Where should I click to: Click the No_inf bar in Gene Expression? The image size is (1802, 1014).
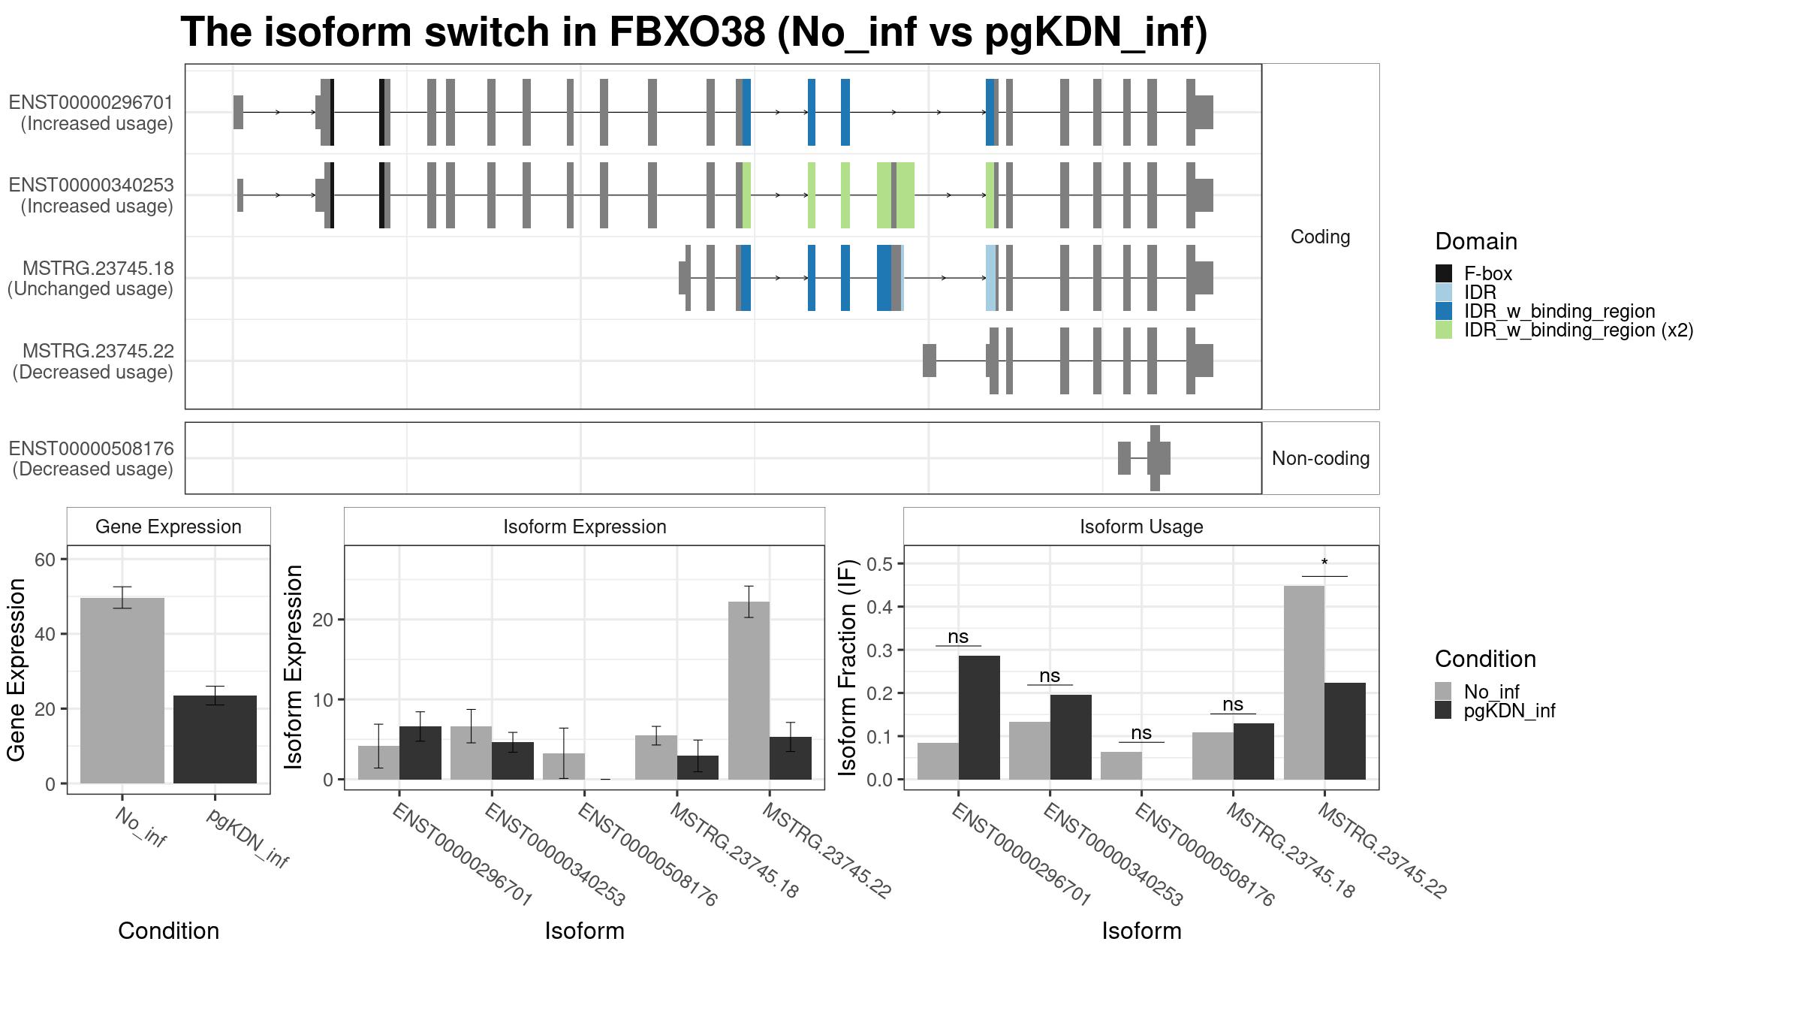122,690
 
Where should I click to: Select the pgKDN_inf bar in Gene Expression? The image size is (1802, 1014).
215,739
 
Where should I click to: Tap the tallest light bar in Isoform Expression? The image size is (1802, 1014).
749,690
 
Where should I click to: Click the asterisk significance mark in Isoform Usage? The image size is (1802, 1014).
1324,563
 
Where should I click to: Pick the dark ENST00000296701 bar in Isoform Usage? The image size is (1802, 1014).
979,717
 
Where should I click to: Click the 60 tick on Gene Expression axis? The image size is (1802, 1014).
45,560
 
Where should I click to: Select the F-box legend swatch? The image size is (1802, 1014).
1444,273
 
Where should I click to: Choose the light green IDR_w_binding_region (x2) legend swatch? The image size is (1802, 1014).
1444,330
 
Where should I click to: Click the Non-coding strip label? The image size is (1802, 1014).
1321,458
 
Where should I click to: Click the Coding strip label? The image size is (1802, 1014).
1321,237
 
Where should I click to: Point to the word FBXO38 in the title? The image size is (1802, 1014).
688,32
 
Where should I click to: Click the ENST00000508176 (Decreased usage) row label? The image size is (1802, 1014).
92,459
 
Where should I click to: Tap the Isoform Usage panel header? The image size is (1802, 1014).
1141,527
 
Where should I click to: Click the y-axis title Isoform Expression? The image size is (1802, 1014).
294,667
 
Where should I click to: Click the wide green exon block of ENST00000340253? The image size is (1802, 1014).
896,195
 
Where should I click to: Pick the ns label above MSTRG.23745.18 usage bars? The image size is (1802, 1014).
1233,705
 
